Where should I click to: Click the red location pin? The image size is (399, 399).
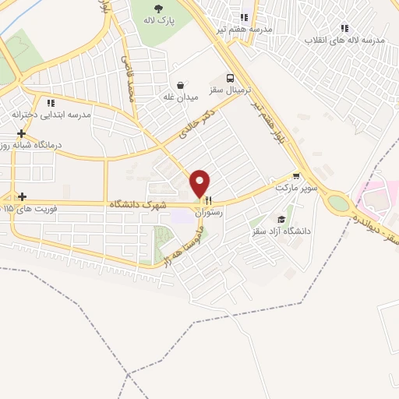click(200, 184)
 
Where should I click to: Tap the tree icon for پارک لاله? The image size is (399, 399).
click(158, 9)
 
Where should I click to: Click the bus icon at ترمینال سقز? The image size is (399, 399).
click(229, 78)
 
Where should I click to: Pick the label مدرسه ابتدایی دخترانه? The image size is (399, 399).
click(51, 115)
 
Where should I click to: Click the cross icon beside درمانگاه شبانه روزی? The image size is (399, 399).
click(22, 133)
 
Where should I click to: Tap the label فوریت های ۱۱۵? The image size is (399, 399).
click(39, 209)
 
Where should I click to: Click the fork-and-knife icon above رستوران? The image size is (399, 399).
click(207, 200)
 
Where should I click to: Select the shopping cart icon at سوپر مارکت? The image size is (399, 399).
click(295, 176)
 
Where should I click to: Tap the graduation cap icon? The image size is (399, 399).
click(281, 220)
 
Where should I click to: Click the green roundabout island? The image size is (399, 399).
click(338, 203)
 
